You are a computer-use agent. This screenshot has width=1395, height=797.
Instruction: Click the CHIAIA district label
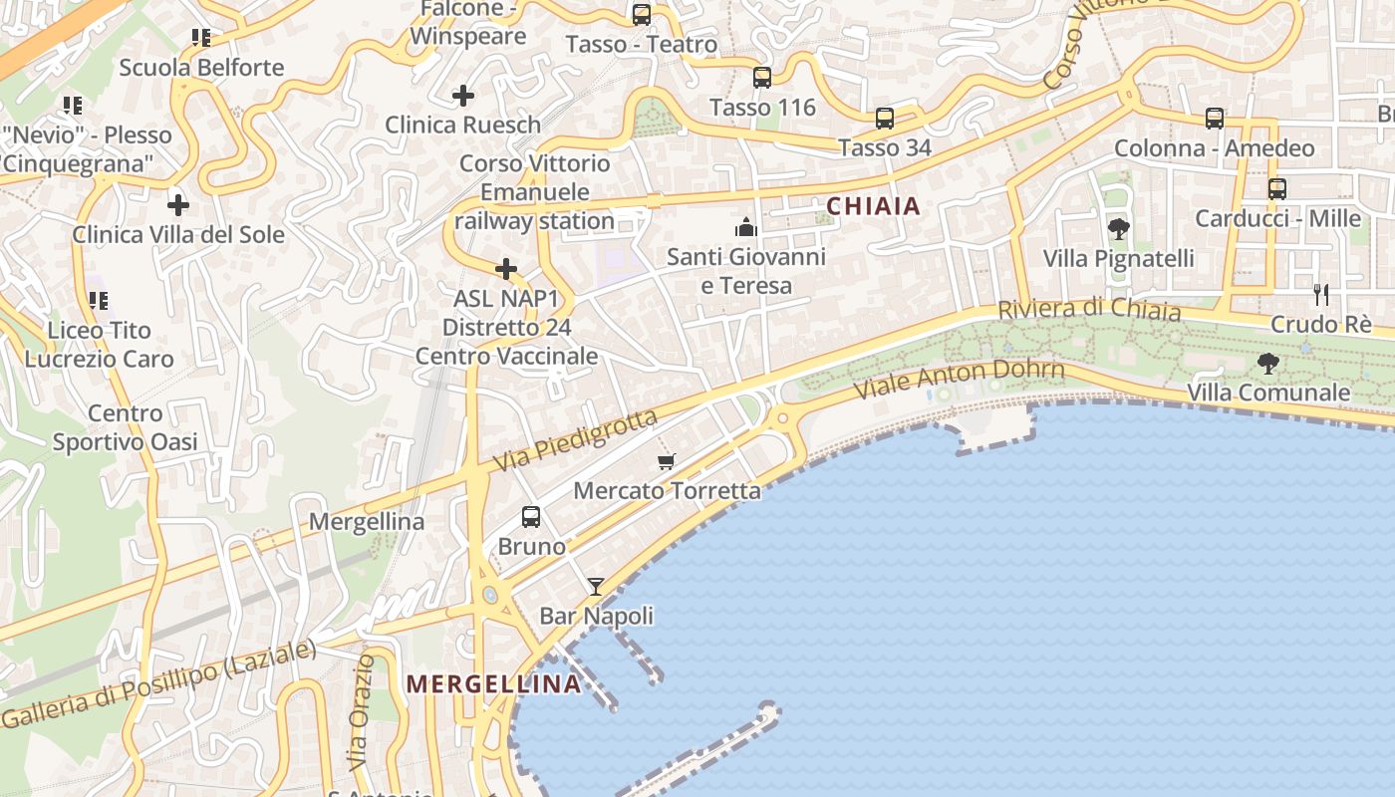pos(873,206)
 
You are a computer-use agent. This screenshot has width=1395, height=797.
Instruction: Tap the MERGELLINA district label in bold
pos(494,683)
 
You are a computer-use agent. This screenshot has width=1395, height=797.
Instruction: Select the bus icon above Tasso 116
pos(762,77)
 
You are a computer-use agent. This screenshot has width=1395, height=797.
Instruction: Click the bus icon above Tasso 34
pos(884,119)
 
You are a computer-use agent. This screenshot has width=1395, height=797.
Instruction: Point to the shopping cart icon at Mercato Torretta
pos(666,461)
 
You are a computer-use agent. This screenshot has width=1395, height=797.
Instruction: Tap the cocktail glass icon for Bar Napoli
pos(596,587)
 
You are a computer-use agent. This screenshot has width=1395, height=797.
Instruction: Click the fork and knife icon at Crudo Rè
pos(1321,294)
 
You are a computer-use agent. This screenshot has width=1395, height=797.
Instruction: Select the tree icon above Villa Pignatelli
pos(1118,229)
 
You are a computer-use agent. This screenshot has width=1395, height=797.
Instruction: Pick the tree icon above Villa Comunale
pos(1267,364)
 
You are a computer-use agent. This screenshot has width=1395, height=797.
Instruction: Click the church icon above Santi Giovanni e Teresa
pos(746,227)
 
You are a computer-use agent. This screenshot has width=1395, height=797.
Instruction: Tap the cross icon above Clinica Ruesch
pos(462,96)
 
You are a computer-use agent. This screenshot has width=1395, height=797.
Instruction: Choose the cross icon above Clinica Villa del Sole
pos(178,205)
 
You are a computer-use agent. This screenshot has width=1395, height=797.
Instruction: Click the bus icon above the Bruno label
pos(531,517)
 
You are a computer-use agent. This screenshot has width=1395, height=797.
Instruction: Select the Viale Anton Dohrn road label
pos(960,380)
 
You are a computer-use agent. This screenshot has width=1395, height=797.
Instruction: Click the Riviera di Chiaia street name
pos(1089,310)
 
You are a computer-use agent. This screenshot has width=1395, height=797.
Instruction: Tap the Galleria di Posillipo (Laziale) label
pos(159,684)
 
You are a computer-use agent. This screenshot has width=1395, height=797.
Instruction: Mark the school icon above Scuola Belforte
pos(201,38)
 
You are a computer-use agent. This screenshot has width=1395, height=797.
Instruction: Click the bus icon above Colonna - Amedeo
pos(1214,119)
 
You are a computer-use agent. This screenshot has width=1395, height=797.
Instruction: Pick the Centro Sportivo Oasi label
pos(125,427)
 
